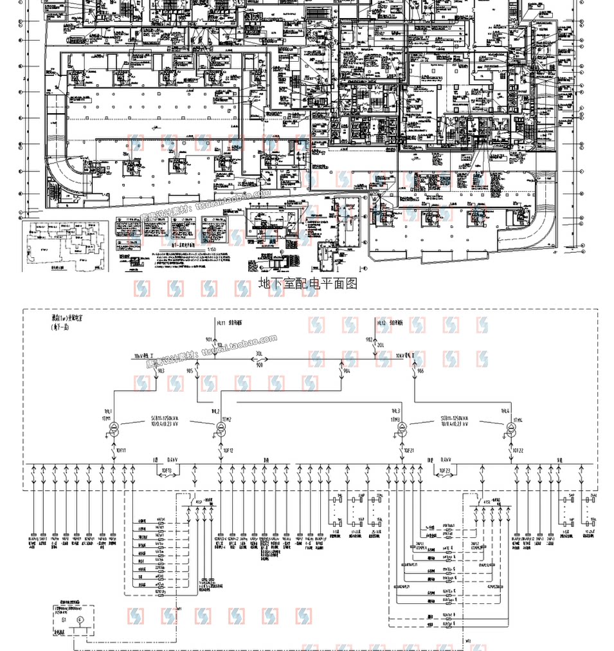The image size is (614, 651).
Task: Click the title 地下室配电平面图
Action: click(307, 283)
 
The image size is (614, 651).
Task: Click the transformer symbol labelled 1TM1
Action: click(113, 429)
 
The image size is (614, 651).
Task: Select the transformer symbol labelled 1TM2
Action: click(221, 429)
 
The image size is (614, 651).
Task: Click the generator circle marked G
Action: click(80, 619)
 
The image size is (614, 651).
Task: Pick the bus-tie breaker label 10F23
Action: click(444, 471)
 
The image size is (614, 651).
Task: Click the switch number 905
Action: click(189, 371)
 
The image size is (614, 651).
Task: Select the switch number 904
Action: click(347, 371)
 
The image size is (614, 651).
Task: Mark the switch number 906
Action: click(420, 371)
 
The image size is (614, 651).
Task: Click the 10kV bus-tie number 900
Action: click(260, 365)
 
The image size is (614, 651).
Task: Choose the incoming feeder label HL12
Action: click(382, 322)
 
